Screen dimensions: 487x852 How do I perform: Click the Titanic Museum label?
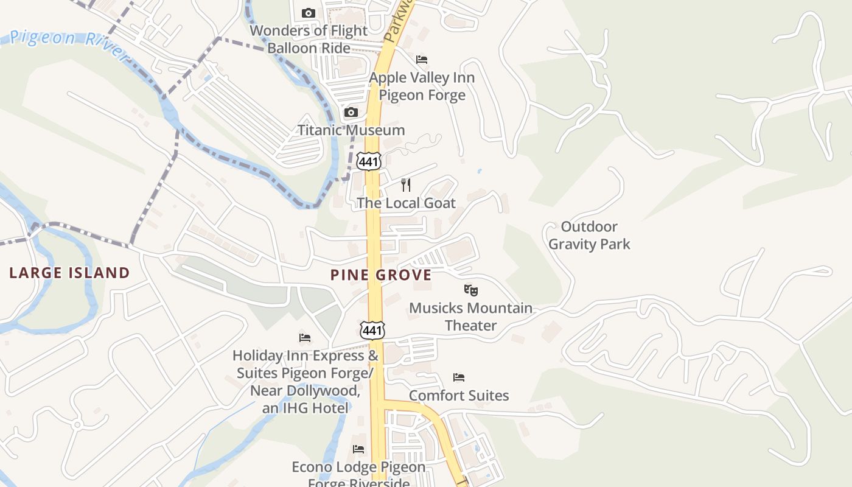(351, 130)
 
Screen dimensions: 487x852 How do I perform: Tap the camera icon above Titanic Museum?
(351, 113)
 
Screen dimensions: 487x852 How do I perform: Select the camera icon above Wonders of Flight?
(309, 13)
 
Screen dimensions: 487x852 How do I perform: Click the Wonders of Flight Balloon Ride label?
(309, 39)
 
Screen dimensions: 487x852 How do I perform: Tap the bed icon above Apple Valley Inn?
(422, 60)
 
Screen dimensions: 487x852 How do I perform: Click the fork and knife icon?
(406, 184)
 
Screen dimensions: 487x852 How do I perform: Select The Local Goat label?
(406, 203)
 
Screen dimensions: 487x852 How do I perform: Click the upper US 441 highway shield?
(369, 161)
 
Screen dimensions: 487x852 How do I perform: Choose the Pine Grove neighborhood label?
(381, 275)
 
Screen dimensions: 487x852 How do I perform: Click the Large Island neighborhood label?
(69, 273)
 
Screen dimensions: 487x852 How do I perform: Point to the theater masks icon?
(470, 290)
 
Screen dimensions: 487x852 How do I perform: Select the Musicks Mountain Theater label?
(470, 317)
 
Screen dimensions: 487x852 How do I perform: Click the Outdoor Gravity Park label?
(589, 235)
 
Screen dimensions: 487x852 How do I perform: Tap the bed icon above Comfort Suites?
(459, 377)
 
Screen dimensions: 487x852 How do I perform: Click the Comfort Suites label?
(459, 396)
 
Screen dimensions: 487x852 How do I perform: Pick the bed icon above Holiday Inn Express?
(305, 337)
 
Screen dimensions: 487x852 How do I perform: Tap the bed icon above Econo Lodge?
(358, 449)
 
